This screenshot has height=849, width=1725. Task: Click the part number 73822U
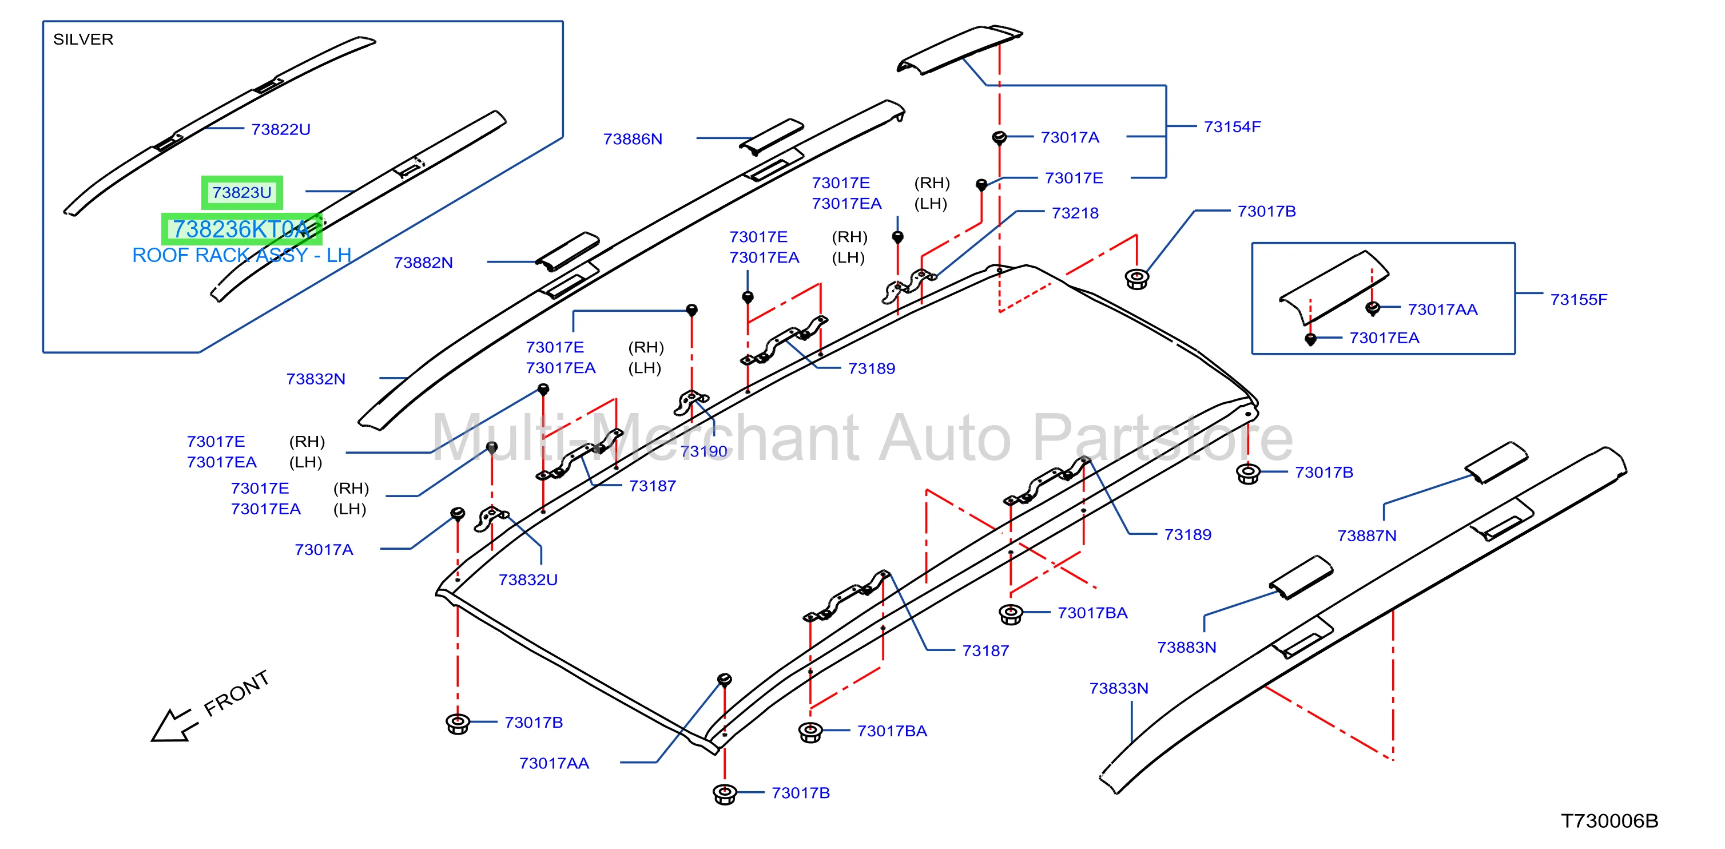coord(281,129)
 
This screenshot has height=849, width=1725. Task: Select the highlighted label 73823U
coord(242,193)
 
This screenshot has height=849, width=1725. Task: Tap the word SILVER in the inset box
coord(83,39)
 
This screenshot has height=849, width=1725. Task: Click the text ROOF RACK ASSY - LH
coord(242,255)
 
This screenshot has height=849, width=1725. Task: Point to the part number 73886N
coord(633,138)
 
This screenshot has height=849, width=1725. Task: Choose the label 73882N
coord(423,263)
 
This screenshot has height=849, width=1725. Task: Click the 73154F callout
coord(1232,126)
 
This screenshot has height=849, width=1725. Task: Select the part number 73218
coord(1075,213)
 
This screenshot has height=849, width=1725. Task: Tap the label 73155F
coord(1579,299)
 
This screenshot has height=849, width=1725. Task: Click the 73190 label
coord(703,451)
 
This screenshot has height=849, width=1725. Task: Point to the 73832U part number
coord(528,580)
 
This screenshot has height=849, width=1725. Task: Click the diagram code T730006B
coord(1609,821)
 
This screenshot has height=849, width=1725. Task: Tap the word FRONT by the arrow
coord(236,693)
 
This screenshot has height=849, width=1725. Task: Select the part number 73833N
coord(1118,688)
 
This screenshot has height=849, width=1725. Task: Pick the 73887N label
coord(1367,535)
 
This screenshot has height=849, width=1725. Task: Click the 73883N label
coord(1187,648)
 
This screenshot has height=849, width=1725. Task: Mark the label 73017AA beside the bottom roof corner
coord(554,763)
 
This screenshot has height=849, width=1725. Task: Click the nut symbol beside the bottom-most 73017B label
coord(725,794)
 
